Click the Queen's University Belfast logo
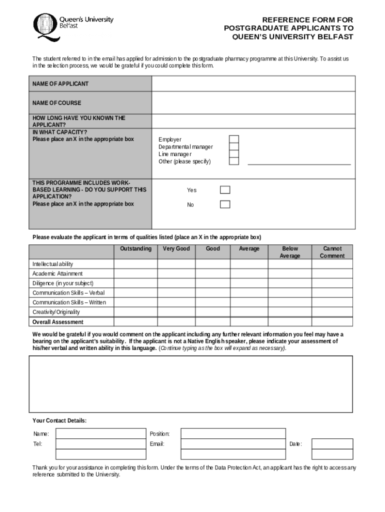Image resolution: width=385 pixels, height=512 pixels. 73,26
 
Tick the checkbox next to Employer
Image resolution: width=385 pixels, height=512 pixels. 233,139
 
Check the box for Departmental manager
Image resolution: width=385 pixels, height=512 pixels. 233,146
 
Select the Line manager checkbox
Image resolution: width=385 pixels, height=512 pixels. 233,154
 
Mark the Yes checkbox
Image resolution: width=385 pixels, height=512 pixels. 225,189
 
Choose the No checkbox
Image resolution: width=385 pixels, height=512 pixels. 225,204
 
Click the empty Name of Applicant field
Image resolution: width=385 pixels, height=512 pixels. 253,83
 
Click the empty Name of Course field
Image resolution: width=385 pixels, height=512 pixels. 253,102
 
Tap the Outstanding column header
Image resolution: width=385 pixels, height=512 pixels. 135,248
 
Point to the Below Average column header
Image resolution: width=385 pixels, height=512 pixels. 289,252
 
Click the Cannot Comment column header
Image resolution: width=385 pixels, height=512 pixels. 332,252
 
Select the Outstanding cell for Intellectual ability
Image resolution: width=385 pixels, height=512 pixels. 135,264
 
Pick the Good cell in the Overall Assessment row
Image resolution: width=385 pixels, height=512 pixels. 212,322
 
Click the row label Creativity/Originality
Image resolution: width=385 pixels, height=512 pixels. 56,312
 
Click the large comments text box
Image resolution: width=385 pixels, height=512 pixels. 190,383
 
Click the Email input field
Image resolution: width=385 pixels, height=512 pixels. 233,443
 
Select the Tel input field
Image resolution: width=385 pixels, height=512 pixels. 100,443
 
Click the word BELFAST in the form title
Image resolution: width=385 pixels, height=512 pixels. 331,37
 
